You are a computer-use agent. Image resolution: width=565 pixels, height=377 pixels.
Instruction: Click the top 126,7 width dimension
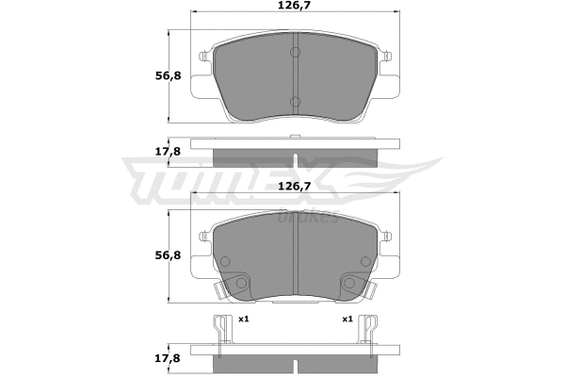pos(294,12)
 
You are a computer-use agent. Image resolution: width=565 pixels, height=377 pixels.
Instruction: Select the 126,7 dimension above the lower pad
pos(294,187)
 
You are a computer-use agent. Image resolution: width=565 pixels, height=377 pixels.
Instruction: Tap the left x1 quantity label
pos(243,320)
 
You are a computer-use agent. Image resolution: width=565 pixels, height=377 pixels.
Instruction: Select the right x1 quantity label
pos(347,320)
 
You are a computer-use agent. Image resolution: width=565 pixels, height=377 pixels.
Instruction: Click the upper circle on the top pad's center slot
pos(294,53)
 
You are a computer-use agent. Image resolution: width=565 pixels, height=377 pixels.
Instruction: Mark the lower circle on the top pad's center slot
pos(294,101)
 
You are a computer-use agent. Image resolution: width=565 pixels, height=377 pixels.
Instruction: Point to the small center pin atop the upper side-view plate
pos(294,139)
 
